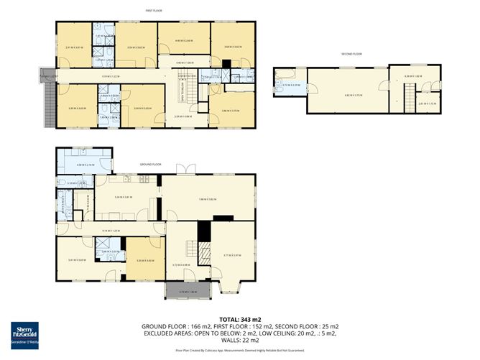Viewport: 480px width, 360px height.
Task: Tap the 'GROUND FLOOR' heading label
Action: pos(151,165)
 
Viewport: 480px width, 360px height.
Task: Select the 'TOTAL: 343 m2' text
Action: pos(240,318)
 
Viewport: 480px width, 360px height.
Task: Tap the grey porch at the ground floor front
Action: pos(186,291)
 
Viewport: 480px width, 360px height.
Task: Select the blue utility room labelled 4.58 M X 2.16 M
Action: pos(85,165)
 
